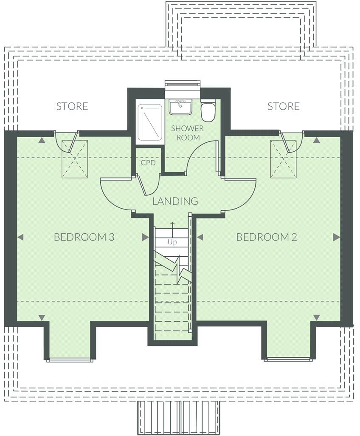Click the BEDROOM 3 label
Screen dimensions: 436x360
tap(84, 237)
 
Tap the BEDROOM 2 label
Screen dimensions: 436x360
tap(266, 237)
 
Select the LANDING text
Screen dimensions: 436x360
tap(175, 201)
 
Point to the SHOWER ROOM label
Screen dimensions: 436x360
tap(187, 133)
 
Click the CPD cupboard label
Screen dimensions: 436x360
tap(148, 163)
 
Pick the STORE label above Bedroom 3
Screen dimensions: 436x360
tap(72, 106)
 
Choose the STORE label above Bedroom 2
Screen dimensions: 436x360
tap(283, 106)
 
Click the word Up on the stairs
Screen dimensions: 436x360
tap(172, 242)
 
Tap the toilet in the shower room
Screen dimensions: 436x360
tap(208, 110)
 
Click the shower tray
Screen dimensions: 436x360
tap(150, 121)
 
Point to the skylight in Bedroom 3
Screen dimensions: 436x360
tap(75, 159)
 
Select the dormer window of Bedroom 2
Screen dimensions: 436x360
tap(288, 360)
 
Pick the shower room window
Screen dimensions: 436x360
tap(183, 85)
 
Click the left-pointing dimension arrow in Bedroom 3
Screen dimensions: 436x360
tap(20, 237)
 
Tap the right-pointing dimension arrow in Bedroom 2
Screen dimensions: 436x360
tap(336, 237)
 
